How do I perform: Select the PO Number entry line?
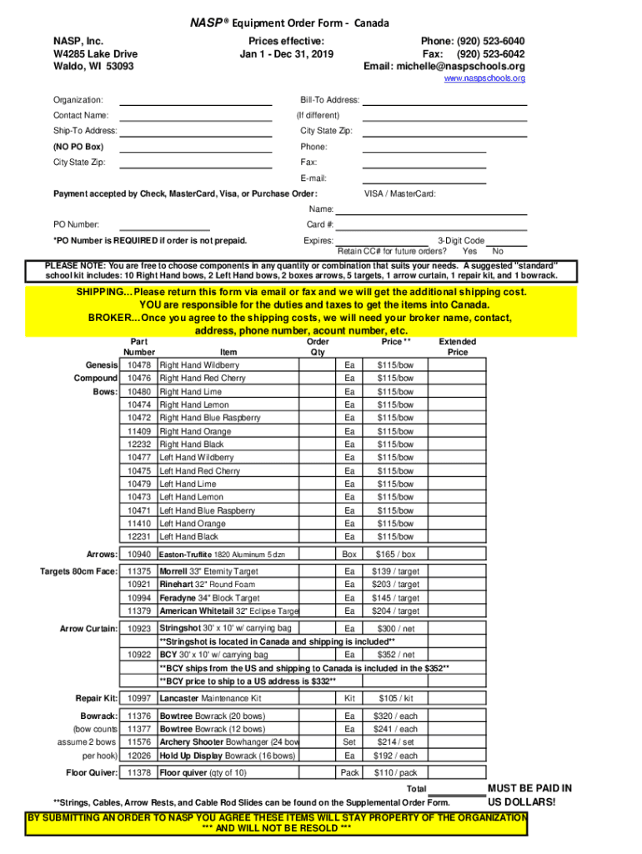pos(165,224)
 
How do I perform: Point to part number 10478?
pos(139,365)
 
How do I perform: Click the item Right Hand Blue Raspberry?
pos(207,418)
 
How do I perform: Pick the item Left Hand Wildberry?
pos(197,457)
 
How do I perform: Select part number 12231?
pos(139,536)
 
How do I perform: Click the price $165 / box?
pos(395,555)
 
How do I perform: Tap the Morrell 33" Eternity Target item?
pos(208,571)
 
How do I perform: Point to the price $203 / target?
pos(395,585)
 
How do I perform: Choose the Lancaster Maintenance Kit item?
pos(210,698)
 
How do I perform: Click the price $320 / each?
pos(395,716)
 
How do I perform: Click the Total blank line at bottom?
pos(456,789)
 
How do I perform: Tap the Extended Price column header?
pos(458,347)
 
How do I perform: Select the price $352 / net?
pos(395,655)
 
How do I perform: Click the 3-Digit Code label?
pos(461,240)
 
